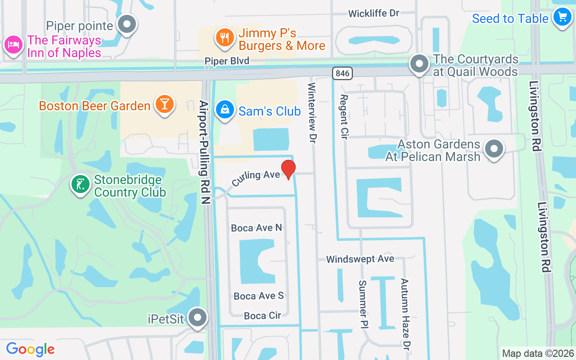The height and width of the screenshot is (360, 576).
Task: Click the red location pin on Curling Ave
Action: (288, 169)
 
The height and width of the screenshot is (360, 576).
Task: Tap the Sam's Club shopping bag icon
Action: (224, 109)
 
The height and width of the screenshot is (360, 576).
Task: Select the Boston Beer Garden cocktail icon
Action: (164, 104)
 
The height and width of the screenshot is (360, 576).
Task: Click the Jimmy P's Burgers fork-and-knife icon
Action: (223, 37)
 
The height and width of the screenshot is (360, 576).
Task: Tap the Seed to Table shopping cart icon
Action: (562, 17)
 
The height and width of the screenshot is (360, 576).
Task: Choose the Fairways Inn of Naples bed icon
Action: (13, 45)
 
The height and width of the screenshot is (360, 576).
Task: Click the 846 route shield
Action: (342, 73)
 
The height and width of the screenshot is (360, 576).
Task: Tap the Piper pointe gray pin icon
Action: (127, 24)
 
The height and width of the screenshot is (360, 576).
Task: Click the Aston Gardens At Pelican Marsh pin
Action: (494, 148)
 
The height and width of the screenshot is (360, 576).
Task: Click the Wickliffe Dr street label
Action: (374, 13)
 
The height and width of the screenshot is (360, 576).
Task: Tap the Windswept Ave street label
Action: (360, 259)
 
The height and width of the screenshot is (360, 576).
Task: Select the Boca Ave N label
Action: (256, 228)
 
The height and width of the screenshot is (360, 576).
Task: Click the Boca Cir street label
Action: (262, 316)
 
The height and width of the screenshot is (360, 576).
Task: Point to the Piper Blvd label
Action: (227, 61)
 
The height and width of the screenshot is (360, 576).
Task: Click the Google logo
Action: (30, 349)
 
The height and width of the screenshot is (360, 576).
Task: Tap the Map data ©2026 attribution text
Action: (538, 353)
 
